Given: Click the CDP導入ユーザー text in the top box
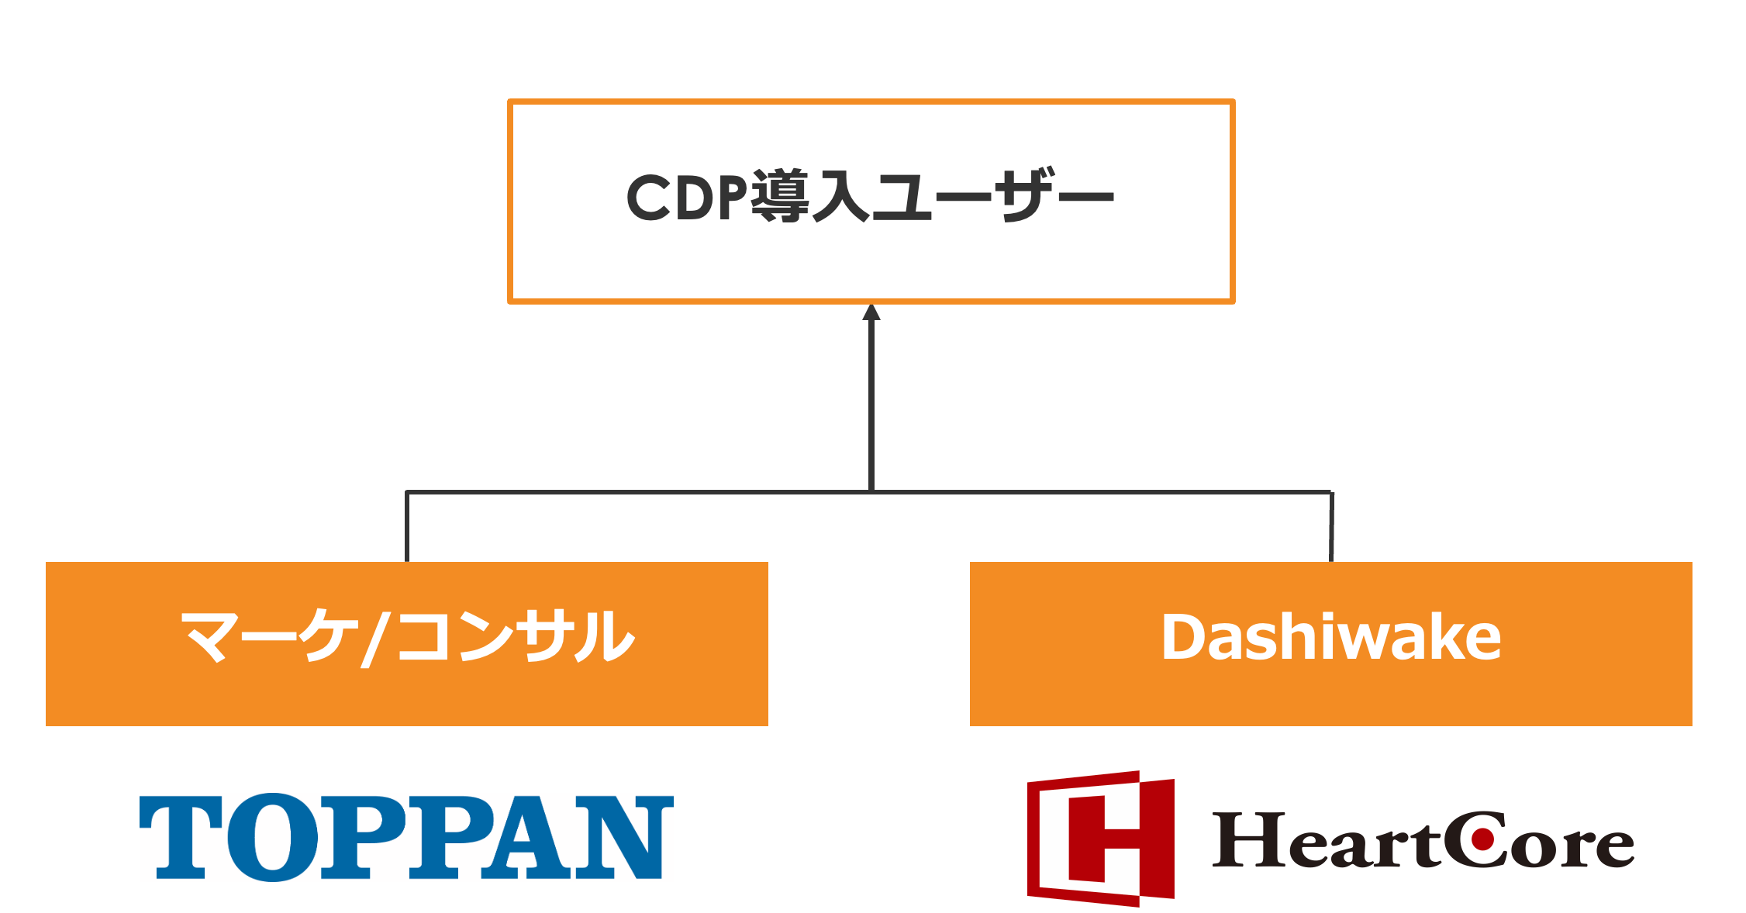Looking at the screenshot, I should tap(870, 197).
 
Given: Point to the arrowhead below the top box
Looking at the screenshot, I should tap(871, 312).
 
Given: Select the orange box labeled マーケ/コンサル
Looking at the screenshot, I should tap(406, 643).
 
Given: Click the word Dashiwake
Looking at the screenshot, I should tap(1330, 637).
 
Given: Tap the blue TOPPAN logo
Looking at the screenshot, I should tap(406, 837).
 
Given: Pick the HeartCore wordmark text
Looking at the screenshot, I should tap(1423, 840).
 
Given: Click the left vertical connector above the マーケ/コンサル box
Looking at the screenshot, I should tap(407, 527).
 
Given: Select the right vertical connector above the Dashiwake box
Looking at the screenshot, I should tap(1331, 527).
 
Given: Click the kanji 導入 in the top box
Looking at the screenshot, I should tap(810, 197).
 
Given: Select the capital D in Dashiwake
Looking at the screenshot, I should tap(1182, 637).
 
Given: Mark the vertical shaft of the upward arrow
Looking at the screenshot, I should tap(871, 403).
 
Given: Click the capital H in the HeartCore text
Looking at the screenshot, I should tap(1250, 840).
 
